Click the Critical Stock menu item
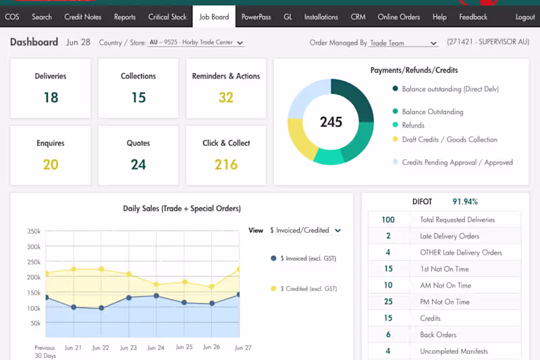(167, 17)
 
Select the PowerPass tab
(256, 17)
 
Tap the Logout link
(524, 17)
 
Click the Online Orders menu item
(398, 17)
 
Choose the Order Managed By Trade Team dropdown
(403, 43)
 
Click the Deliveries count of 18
(51, 97)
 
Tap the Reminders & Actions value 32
(226, 97)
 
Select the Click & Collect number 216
(226, 164)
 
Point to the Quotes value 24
(138, 164)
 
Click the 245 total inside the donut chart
(331, 122)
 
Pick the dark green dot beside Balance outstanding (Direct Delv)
(395, 88)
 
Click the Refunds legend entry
(412, 125)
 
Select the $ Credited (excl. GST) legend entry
(303, 288)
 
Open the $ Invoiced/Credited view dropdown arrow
(337, 230)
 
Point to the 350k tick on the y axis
(34, 231)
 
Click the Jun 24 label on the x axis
(155, 347)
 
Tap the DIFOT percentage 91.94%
(464, 201)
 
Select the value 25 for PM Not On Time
(388, 302)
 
